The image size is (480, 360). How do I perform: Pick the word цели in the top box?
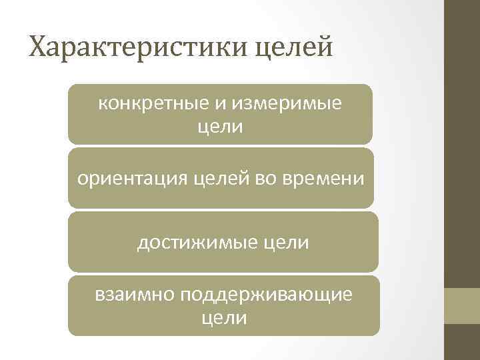coord(221,127)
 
